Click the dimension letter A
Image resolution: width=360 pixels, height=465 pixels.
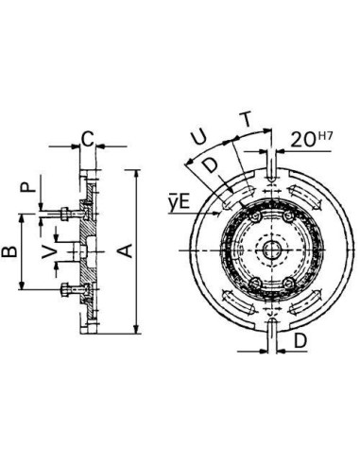128,251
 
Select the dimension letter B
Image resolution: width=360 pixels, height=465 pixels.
9,252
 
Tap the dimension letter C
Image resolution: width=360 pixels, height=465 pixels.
87,139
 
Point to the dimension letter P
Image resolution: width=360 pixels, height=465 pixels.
27,188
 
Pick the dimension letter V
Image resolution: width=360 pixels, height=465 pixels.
49,252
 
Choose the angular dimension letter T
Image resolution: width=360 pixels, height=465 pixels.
248,119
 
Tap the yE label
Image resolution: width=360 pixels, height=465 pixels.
180,203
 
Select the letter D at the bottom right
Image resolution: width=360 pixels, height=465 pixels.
300,340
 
